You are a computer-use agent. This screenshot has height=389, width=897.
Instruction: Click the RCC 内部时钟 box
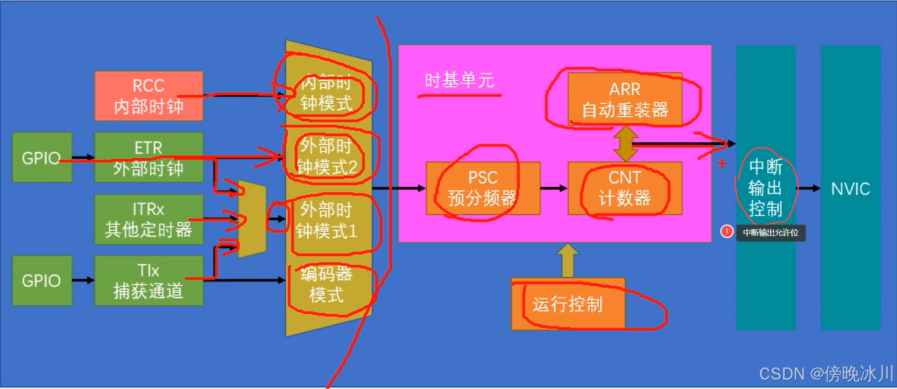point(148,96)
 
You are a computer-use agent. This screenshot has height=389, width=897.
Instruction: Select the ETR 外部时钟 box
point(148,157)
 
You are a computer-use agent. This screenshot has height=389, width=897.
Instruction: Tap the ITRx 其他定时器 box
point(148,219)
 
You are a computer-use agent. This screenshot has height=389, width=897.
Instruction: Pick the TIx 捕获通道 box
point(148,281)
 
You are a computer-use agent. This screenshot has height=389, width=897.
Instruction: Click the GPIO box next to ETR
point(42,157)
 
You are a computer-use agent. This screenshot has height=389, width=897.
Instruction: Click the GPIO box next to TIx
point(42,281)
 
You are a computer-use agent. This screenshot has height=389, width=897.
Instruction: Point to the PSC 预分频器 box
point(483,188)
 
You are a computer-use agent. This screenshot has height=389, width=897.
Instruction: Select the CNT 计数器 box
point(625,188)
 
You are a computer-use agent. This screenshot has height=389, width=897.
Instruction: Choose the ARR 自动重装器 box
point(625,99)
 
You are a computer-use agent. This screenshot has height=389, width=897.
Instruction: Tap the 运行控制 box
point(568,304)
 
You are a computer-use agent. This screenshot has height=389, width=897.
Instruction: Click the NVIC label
point(850,189)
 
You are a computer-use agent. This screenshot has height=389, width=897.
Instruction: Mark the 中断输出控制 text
point(765,188)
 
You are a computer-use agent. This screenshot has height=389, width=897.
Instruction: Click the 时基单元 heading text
point(459,81)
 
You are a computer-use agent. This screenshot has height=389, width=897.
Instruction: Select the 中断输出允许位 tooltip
point(770,233)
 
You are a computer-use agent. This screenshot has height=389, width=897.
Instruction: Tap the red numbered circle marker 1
point(727,231)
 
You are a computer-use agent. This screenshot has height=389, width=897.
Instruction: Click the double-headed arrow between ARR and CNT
point(626,144)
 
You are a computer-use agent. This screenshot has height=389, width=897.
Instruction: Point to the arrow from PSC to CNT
point(554,188)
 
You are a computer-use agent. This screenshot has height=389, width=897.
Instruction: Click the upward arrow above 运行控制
point(568,260)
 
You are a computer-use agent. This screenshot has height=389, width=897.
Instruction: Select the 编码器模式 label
point(326,284)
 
